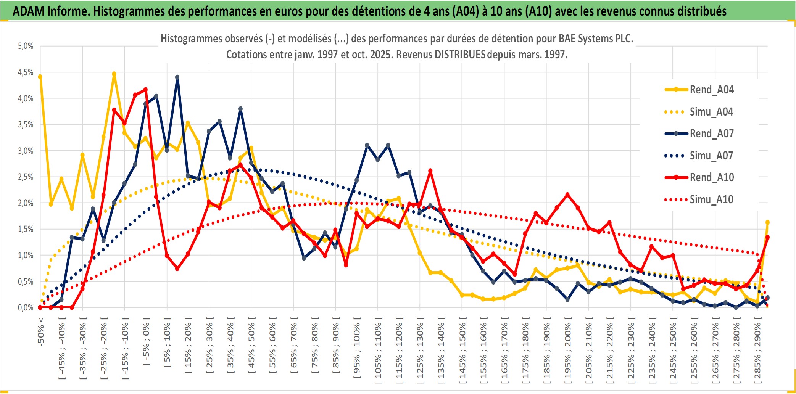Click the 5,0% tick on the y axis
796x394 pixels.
coord(26,46)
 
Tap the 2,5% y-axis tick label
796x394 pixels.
coord(26,177)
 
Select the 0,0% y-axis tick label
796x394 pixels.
coord(26,307)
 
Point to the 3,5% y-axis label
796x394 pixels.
coord(26,125)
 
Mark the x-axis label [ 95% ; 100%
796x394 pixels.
coord(357,351)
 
